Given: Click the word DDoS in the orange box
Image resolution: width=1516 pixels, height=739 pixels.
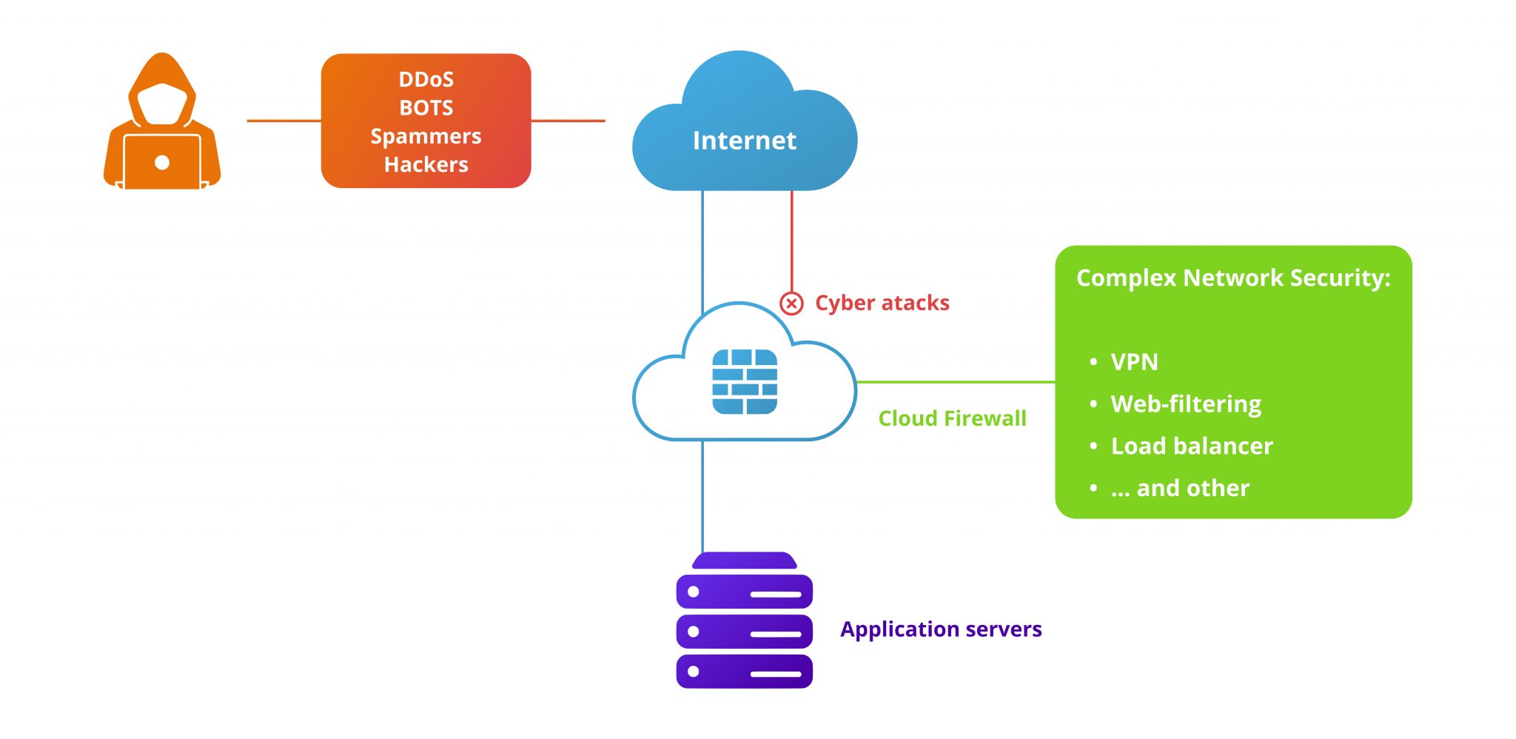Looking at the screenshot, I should point(426,79).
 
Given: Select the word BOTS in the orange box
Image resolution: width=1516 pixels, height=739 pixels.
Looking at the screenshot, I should point(426,108).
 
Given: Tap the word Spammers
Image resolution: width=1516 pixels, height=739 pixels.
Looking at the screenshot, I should point(426,136).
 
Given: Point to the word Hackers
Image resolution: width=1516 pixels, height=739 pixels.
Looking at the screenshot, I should point(426,164).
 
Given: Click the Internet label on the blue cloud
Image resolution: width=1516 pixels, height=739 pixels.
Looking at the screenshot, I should point(744,141).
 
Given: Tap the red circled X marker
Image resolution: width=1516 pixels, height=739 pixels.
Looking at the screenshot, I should point(791,303).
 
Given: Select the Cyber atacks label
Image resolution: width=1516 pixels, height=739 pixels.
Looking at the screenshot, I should point(882,303).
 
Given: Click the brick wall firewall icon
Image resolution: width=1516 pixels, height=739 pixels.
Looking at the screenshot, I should point(744,381).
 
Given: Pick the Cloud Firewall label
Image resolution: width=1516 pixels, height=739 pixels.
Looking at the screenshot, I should point(952,418).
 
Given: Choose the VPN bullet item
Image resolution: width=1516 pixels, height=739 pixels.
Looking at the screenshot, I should point(1134,362).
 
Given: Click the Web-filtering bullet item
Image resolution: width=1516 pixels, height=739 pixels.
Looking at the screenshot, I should point(1186,404).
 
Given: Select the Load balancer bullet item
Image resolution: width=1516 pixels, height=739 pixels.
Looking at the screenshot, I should point(1192,447).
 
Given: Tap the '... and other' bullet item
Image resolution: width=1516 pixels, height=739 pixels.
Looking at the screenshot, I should point(1180,489).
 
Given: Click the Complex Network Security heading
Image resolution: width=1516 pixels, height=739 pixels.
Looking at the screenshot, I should point(1233,278).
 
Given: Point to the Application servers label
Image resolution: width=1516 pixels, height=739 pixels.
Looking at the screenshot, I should point(941,629).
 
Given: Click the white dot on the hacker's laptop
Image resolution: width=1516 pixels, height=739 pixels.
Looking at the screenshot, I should point(162,163).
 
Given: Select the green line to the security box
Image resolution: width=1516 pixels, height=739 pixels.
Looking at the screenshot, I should point(955,382).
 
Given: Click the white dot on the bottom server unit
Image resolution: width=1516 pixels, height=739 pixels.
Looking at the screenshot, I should point(694,672).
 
